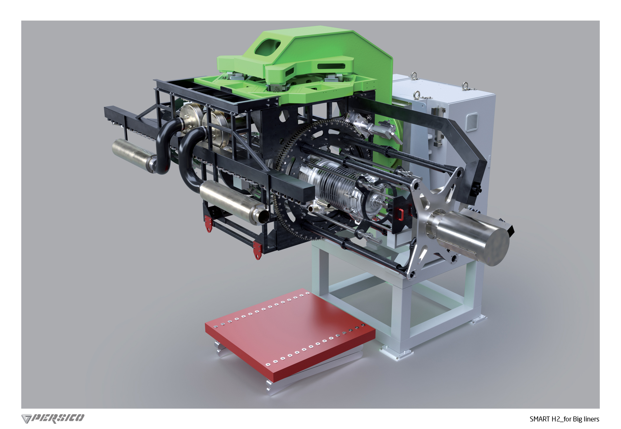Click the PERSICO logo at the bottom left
coord(53,418)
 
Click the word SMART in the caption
coord(540,419)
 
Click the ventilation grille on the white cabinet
coord(472,122)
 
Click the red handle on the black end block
coord(400,214)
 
